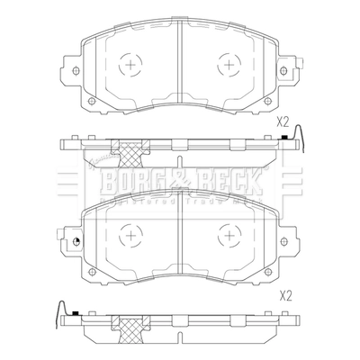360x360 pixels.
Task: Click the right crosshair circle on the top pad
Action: click(x=227, y=66)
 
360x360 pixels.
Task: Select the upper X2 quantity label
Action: click(x=282, y=121)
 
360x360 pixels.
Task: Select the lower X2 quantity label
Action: click(x=286, y=294)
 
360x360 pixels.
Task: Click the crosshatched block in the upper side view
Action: click(x=133, y=152)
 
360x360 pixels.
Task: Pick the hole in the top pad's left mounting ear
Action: click(x=75, y=70)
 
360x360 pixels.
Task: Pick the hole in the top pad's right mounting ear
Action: click(x=285, y=70)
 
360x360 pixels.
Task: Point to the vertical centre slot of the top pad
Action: click(x=180, y=63)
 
